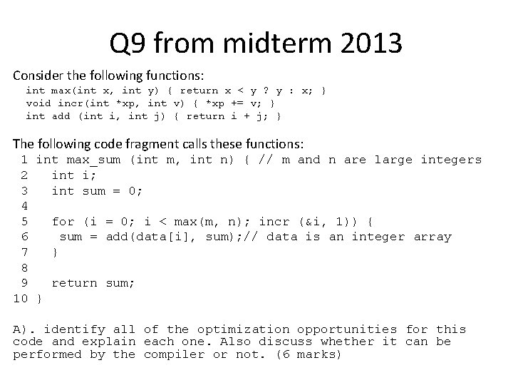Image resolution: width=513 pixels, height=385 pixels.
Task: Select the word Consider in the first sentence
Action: (x=40, y=76)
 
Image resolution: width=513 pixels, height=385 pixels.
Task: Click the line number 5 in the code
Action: (x=24, y=221)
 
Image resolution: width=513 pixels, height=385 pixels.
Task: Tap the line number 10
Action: (x=21, y=298)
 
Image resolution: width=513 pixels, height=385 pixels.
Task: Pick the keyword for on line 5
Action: (x=63, y=221)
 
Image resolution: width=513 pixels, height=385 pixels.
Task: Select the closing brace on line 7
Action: (x=56, y=252)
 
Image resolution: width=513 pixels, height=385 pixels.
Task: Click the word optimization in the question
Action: (x=244, y=329)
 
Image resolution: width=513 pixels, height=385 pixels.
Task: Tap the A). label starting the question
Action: (x=25, y=329)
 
